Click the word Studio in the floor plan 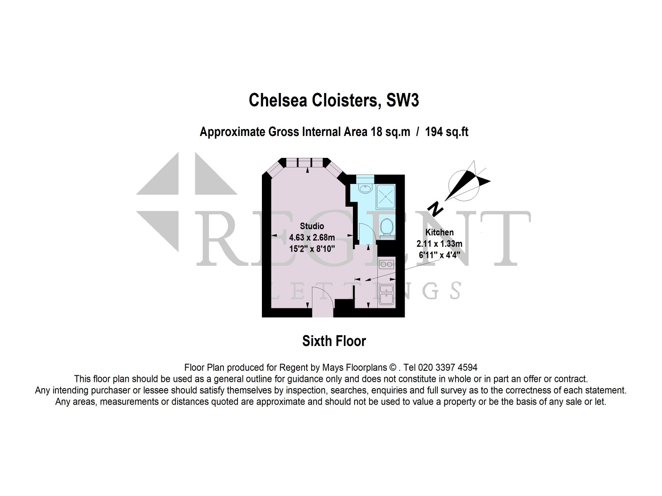[x=312, y=226]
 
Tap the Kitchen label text [x=439, y=232]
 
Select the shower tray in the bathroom [x=386, y=197]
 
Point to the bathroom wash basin [x=365, y=189]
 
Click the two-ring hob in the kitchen [x=386, y=264]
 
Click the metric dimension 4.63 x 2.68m [x=312, y=238]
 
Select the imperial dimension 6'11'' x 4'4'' [x=439, y=255]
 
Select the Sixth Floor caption [x=334, y=341]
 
